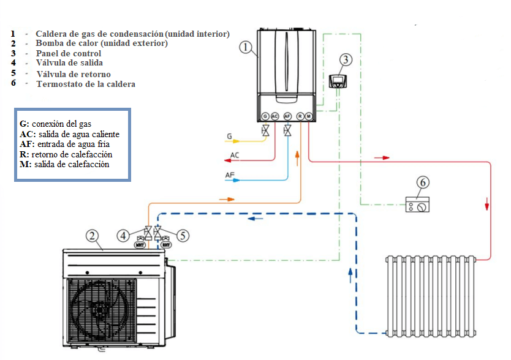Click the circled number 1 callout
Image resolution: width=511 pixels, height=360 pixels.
coord(246,47)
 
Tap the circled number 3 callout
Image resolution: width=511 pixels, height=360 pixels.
coord(346,59)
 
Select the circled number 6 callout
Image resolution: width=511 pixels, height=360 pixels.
coord(423,182)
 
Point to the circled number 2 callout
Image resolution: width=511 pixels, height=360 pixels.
coord(93,236)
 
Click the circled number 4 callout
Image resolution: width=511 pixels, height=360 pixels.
coord(123,236)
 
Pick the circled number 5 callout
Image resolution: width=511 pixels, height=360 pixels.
coord(183,236)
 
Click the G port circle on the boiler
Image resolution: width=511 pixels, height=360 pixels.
coord(265,116)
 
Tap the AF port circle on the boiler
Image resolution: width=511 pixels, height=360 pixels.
coord(287,116)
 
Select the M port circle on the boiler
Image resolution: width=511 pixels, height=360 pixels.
coord(308,116)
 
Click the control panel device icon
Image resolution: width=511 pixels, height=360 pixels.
coord(338,81)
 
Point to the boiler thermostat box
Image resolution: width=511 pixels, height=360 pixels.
coord(417,204)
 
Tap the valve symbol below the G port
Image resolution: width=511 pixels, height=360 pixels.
coord(265,130)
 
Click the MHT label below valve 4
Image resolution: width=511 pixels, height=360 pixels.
coord(140,245)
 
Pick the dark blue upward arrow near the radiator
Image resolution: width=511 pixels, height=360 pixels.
coord(350,276)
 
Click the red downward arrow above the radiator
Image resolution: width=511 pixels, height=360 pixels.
coord(487,204)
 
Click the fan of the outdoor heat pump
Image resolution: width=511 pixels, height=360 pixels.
coord(99,310)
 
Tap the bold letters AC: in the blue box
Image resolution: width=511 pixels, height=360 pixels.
coord(28,134)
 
